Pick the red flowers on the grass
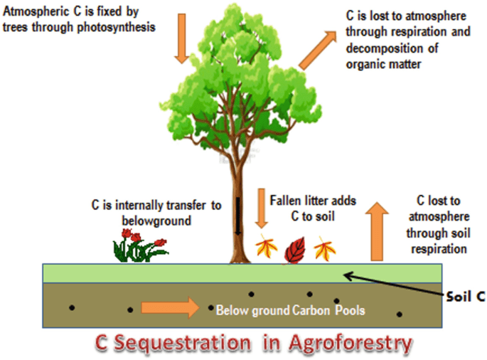click(139, 248)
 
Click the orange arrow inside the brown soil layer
click(171, 308)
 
